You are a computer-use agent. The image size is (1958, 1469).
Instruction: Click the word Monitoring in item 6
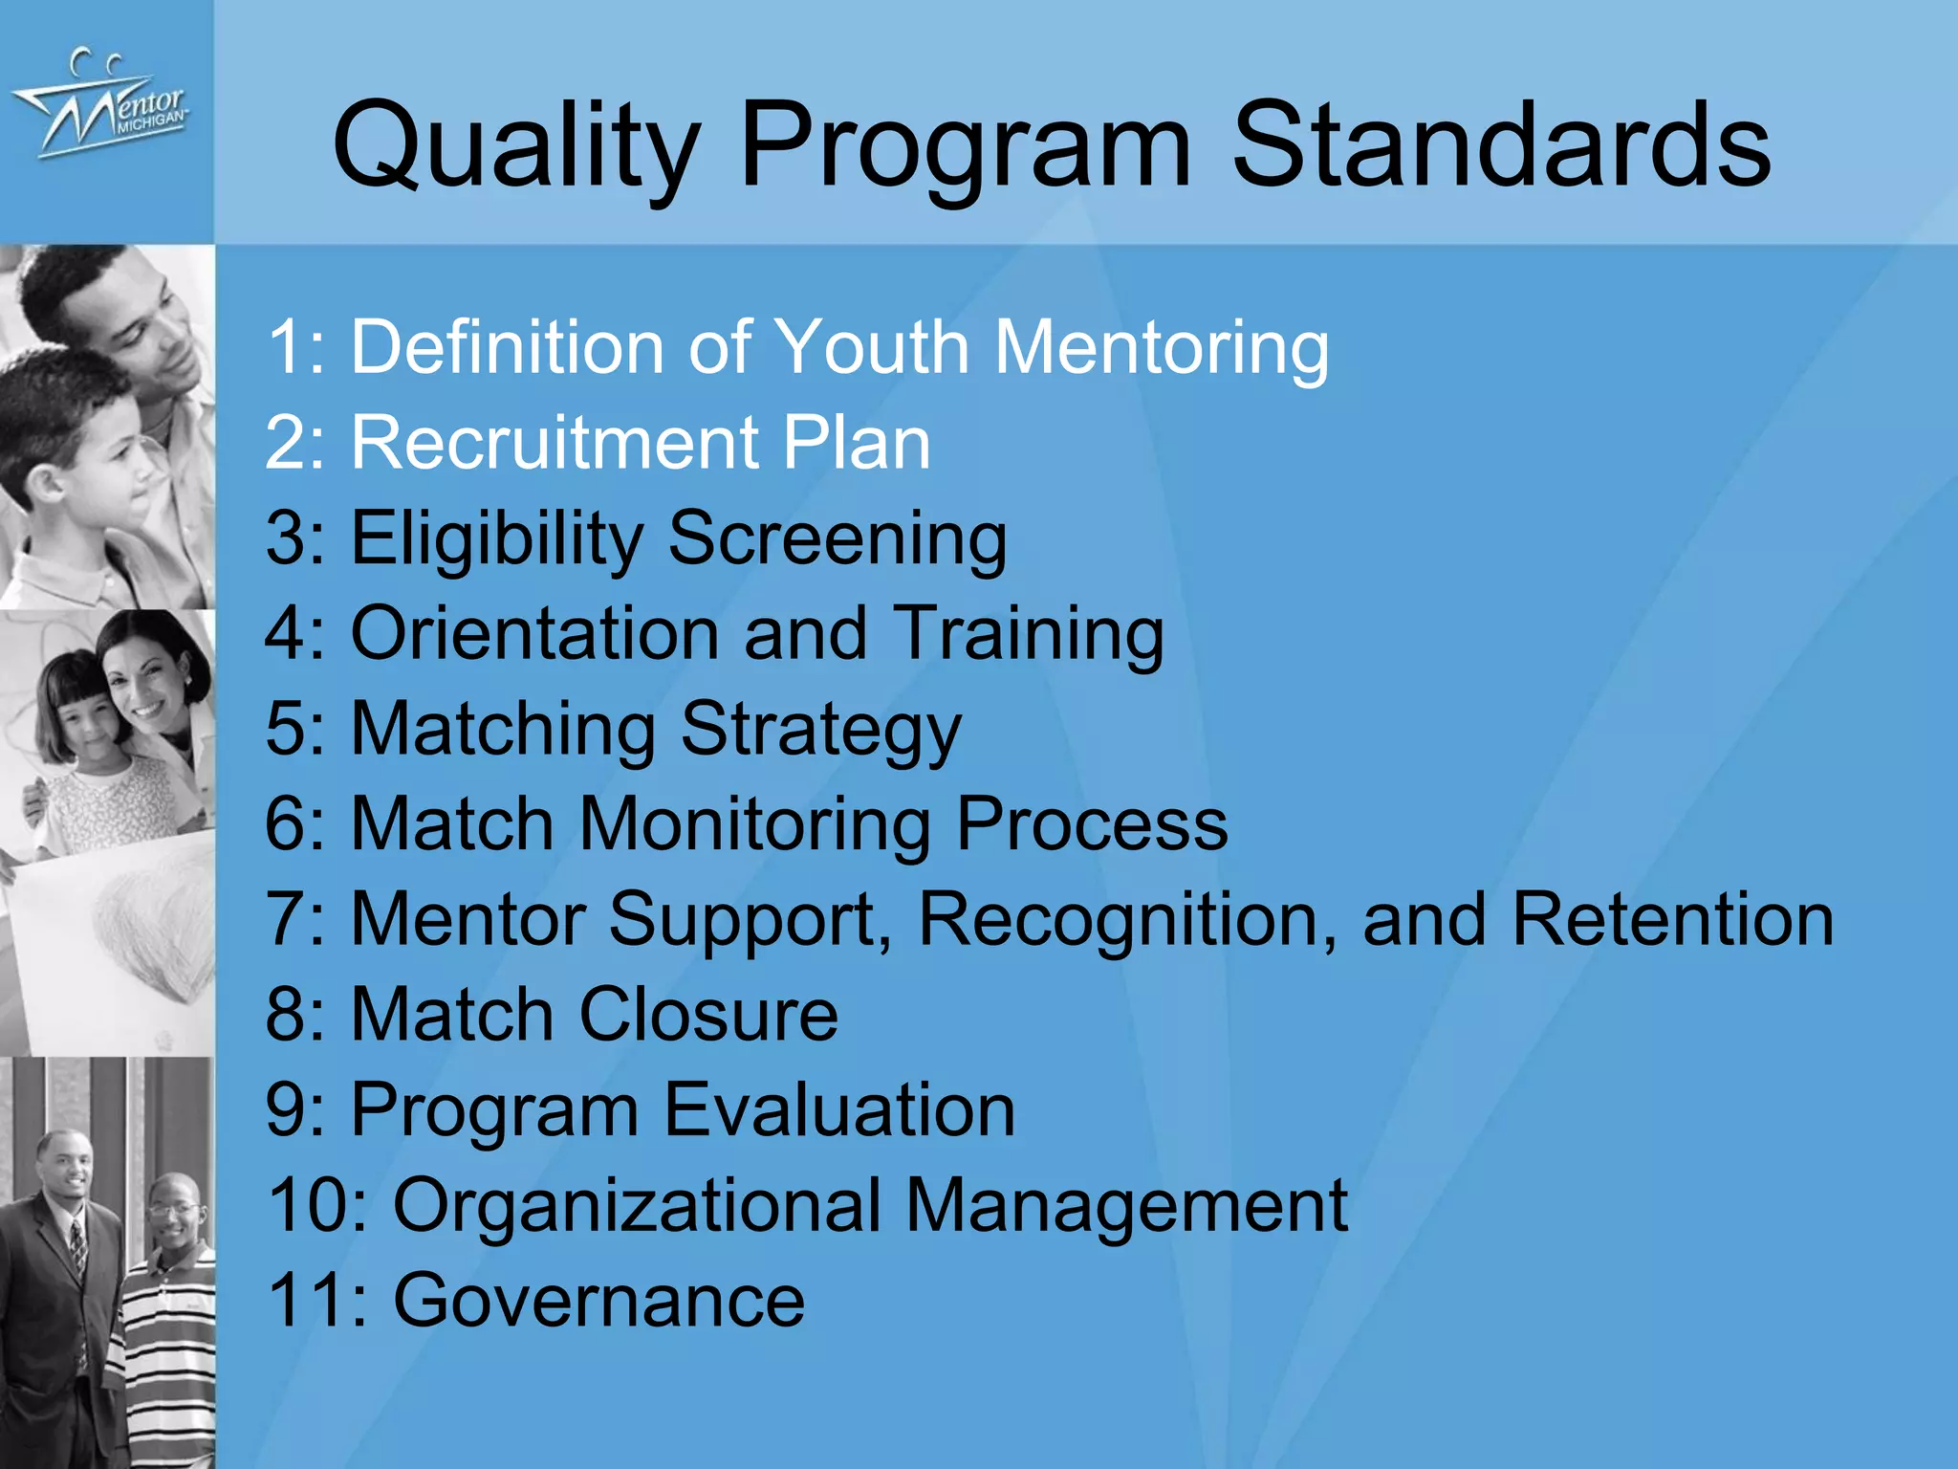click(x=755, y=824)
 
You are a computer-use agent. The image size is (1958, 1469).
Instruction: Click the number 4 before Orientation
click(x=286, y=633)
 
